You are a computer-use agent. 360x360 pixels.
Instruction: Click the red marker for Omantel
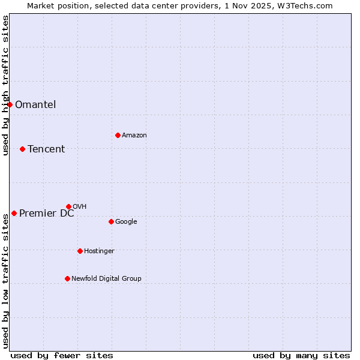(x=10, y=104)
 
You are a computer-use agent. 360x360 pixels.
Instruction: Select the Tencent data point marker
(x=22, y=149)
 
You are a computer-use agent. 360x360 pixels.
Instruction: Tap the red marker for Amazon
(x=118, y=135)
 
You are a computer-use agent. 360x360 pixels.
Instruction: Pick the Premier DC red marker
(x=14, y=213)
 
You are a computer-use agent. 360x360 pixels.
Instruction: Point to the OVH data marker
(x=68, y=206)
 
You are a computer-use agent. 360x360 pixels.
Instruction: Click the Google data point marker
(x=111, y=221)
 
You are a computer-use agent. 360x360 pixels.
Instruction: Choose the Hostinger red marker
(x=80, y=251)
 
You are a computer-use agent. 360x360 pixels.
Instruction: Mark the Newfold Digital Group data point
(x=67, y=278)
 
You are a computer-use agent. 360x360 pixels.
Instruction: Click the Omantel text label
(x=35, y=104)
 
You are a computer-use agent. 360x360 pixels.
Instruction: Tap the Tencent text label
(x=46, y=149)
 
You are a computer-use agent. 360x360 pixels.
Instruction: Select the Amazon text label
(x=134, y=135)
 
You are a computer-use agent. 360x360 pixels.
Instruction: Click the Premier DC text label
(x=47, y=213)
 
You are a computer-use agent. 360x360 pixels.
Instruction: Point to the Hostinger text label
(x=99, y=251)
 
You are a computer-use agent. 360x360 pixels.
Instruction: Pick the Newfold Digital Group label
(x=106, y=278)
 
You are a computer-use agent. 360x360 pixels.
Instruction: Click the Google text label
(x=126, y=221)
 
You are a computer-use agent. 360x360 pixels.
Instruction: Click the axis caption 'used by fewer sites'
(x=62, y=355)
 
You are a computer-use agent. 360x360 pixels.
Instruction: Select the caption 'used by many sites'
(x=301, y=355)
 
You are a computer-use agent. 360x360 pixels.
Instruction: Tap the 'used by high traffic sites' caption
(x=5, y=85)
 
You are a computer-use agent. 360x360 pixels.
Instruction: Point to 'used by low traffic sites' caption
(x=5, y=281)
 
